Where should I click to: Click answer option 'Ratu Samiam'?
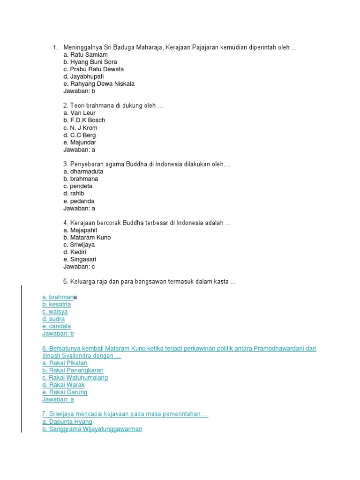click(x=85, y=55)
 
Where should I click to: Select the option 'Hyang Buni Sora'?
click(x=90, y=62)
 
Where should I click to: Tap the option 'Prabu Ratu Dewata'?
click(x=94, y=69)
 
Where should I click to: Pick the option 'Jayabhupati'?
click(x=83, y=76)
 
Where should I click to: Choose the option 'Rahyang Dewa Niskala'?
click(x=99, y=84)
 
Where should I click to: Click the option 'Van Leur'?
click(x=80, y=113)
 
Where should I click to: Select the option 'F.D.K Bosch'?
click(x=84, y=120)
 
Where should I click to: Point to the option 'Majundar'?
click(x=80, y=142)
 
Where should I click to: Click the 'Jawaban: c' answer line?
click(x=79, y=267)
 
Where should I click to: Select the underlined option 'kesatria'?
click(x=56, y=305)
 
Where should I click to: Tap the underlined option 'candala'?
click(x=56, y=326)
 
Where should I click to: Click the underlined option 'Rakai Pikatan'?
click(x=65, y=363)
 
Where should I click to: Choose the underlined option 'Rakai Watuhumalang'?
click(x=75, y=378)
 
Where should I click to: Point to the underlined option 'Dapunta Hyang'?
click(x=67, y=422)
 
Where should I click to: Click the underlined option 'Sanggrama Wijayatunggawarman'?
click(x=92, y=429)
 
